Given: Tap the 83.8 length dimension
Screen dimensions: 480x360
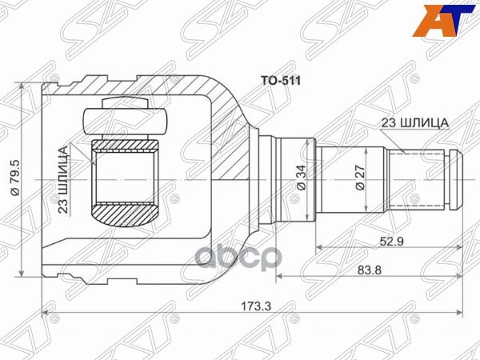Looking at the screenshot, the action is coord(370,270).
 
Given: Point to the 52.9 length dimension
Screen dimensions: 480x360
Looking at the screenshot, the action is coord(391,242).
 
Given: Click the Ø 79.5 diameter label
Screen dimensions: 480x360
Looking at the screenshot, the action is coord(15,178).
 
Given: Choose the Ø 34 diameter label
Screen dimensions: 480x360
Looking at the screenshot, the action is coord(302,178).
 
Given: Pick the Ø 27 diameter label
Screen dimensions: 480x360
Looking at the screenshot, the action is coord(360,178).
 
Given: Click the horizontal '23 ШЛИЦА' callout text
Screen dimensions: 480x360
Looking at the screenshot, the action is coord(414,123).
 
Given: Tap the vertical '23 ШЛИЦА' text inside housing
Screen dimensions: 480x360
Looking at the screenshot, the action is coord(62,179).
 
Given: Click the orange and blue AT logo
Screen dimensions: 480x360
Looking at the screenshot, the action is coord(445,21).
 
